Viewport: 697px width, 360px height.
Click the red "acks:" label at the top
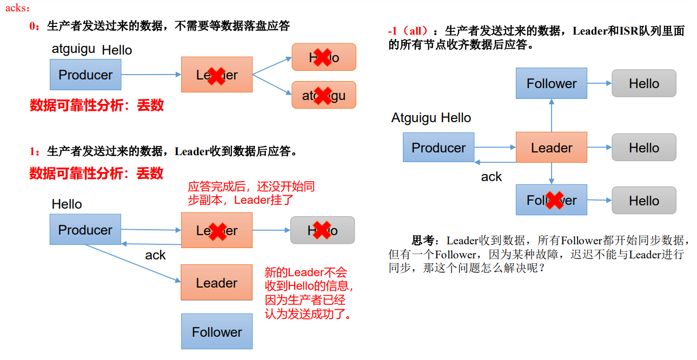(17, 9)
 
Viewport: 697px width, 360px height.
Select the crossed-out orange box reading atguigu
(323, 95)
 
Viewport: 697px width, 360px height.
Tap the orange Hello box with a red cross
(323, 57)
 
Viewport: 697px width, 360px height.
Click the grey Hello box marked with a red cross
(322, 230)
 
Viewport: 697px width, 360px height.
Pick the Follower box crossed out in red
(552, 201)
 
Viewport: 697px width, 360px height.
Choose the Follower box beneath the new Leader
(216, 331)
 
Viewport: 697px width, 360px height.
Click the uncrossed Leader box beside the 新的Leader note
(216, 283)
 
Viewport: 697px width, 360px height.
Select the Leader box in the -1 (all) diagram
(552, 148)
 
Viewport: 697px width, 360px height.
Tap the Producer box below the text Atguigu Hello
(439, 148)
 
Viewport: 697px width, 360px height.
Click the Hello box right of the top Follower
(643, 83)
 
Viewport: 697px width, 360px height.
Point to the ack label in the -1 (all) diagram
(491, 177)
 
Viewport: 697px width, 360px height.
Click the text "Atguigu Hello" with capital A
(431, 118)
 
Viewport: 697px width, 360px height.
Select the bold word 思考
(423, 241)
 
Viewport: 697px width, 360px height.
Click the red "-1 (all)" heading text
(408, 31)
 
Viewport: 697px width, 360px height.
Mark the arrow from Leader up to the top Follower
(552, 115)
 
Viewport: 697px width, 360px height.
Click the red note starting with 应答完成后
(251, 193)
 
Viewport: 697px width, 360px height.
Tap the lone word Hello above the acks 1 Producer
(67, 204)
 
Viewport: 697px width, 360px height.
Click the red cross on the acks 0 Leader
(216, 75)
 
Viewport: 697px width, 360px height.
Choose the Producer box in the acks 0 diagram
(85, 75)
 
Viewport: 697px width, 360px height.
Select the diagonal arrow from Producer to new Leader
(132, 263)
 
